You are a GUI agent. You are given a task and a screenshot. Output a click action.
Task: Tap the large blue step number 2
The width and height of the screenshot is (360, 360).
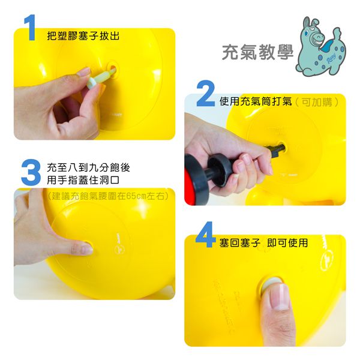coord(205,95)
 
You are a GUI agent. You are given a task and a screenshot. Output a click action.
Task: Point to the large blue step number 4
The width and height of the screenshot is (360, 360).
coord(206,236)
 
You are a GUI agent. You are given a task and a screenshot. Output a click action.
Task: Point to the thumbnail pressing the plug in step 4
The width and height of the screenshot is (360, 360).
coord(278,295)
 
